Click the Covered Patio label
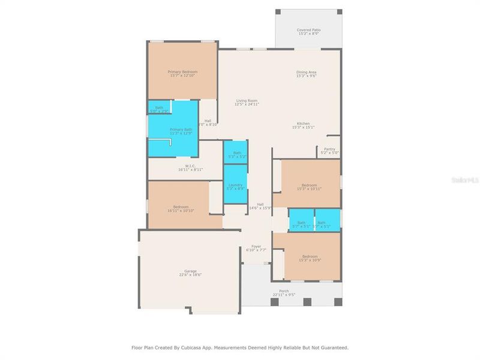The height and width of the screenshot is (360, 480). coord(308,29)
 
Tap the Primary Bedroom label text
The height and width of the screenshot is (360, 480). coord(182,71)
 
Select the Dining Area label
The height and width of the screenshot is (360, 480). coord(306,72)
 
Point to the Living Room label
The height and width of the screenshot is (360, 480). coord(247,100)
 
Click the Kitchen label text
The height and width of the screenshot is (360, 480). coord(303,124)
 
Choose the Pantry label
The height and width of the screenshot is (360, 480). coord(329,149)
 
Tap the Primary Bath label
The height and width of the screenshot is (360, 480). coord(181,129)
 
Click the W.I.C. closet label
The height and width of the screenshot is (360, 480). coord(190,166)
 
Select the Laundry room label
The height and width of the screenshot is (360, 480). coord(235,185)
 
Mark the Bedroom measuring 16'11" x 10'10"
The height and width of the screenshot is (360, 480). coord(181,207)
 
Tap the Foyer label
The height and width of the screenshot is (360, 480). coord(256,246)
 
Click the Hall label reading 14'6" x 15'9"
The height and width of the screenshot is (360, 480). coord(260,204)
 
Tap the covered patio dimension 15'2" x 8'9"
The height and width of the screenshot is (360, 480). coord(308,34)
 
